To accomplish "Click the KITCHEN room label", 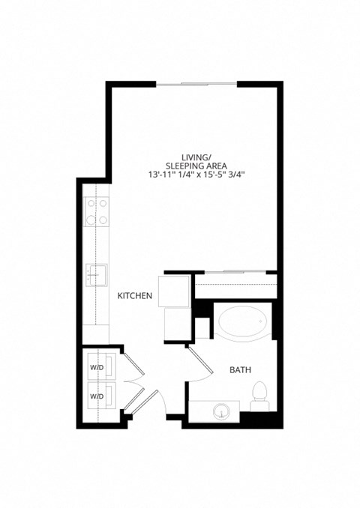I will coord(135,297).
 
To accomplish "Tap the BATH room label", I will coord(240,369).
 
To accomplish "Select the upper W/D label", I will coord(97,368).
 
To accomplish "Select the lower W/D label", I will coord(97,395).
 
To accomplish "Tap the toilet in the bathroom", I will coord(259,395).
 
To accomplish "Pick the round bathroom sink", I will coord(221,411).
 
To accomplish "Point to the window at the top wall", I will coord(196,83).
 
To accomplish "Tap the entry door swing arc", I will coord(159,405).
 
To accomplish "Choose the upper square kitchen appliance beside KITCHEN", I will coord(179,289).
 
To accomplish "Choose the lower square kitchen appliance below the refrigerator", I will coord(179,323).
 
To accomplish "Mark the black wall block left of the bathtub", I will coord(201,309).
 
